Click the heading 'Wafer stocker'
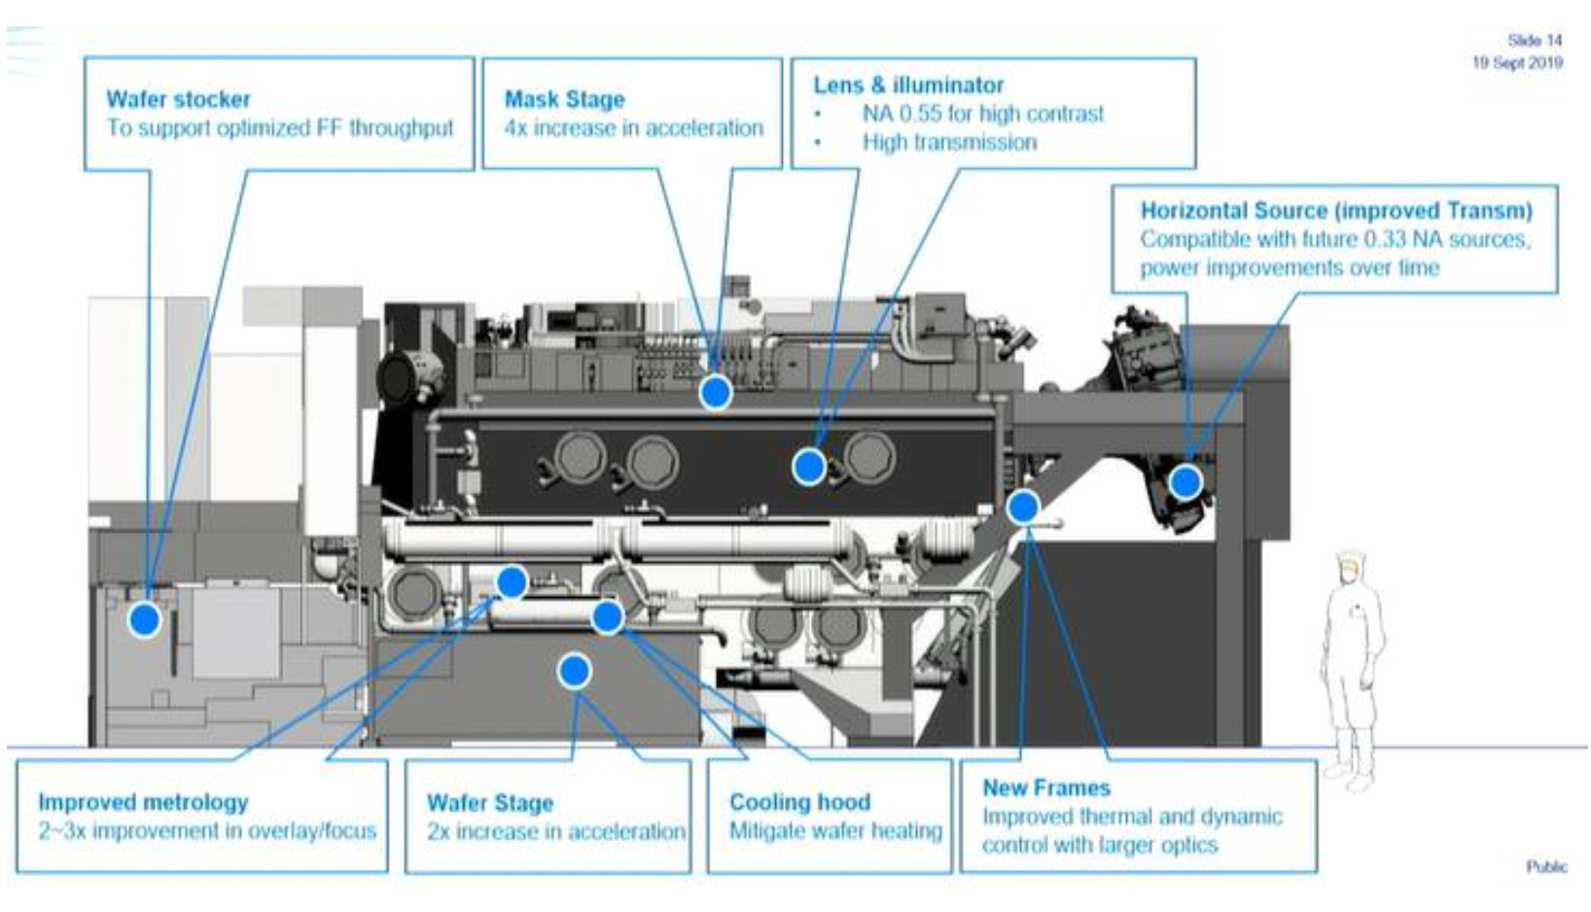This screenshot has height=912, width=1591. (178, 99)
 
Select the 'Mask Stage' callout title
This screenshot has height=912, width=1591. (564, 99)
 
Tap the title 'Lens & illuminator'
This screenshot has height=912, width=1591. (908, 86)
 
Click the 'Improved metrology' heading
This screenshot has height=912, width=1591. (143, 802)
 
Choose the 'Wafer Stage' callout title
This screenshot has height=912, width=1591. (489, 803)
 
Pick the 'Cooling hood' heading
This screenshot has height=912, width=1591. (799, 802)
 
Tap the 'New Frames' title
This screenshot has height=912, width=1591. (1045, 788)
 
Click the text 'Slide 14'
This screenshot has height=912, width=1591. (1535, 41)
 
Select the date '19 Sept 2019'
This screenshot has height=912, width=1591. (1517, 63)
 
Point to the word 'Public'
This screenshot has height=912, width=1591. (1545, 866)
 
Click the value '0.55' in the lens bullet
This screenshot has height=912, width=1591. (921, 114)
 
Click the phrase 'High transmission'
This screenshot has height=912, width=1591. (949, 143)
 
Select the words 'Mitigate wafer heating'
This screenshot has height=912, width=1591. (835, 831)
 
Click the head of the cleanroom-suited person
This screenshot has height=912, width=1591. (1350, 568)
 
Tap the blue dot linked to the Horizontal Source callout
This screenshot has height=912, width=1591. (1184, 481)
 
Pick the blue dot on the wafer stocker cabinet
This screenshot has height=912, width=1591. (144, 618)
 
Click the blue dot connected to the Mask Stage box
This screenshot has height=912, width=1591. (716, 392)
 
